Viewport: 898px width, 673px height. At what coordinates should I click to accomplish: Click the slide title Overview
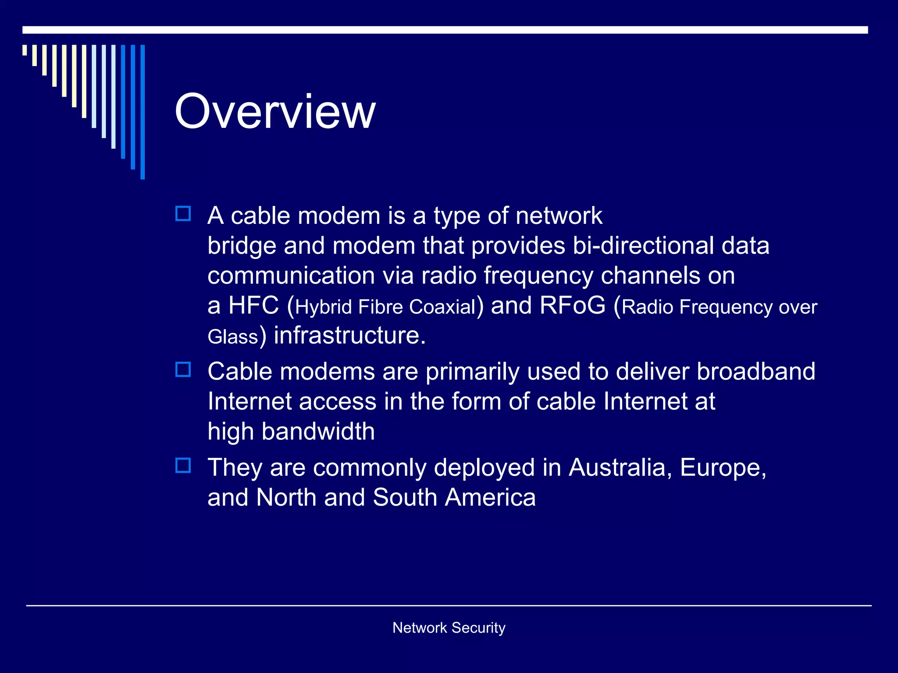(x=275, y=112)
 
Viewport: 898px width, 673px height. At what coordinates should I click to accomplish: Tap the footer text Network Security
(x=449, y=627)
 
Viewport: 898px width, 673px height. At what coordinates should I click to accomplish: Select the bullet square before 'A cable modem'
(x=183, y=214)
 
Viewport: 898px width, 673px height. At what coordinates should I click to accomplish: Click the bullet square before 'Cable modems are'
(x=183, y=370)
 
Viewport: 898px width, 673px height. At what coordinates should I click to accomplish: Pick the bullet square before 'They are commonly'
(x=183, y=465)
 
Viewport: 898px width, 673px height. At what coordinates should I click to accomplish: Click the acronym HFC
(x=253, y=305)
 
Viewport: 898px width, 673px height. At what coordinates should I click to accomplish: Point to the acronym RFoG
(x=572, y=305)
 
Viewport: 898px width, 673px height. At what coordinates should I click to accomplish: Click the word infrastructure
(x=349, y=336)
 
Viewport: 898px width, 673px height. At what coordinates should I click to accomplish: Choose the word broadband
(x=755, y=372)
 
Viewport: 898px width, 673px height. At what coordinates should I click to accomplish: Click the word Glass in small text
(x=232, y=337)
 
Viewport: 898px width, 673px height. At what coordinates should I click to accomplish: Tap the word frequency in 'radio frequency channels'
(x=538, y=276)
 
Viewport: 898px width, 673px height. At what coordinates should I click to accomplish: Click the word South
(x=405, y=498)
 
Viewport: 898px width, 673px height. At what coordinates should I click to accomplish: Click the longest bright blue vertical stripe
(x=143, y=112)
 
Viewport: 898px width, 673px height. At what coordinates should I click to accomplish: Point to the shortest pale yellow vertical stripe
(x=25, y=50)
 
